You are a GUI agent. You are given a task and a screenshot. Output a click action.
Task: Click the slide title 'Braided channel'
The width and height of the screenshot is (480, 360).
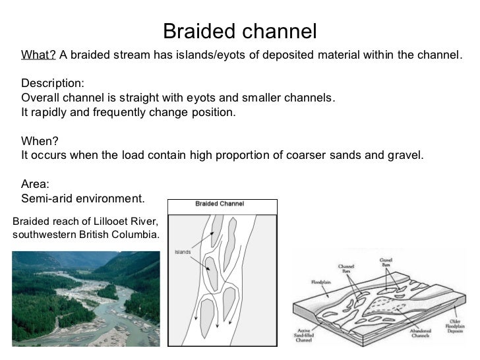tap(239, 31)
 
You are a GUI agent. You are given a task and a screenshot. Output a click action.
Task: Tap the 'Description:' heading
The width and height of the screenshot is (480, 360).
tap(53, 84)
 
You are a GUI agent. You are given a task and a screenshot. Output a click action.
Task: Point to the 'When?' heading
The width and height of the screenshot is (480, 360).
tap(40, 141)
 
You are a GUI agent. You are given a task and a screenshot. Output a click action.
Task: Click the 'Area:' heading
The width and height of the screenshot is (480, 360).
tap(36, 185)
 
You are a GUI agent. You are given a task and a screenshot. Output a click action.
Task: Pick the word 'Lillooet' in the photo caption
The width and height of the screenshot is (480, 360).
tap(110, 220)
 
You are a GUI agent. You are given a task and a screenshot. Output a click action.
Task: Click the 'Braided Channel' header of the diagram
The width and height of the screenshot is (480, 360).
tap(220, 204)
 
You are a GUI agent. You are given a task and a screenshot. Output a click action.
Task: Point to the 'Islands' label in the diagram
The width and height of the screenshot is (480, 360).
tap(183, 253)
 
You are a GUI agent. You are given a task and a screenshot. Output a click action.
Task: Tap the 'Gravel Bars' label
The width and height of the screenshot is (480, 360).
tap(386, 262)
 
